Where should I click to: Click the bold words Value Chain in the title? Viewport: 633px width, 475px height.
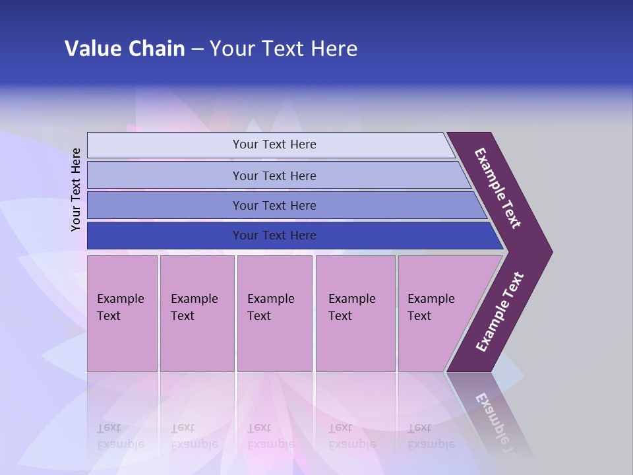125,49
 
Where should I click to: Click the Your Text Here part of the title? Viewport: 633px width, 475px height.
284,49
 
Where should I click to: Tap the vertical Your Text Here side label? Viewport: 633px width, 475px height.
76,189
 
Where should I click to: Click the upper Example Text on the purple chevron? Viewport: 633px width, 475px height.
498,188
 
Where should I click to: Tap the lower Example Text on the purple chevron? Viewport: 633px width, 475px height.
500,311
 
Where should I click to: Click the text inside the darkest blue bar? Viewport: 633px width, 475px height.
274,236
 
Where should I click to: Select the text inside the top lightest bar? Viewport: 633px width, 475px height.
274,144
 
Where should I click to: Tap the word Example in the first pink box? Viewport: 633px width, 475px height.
120,299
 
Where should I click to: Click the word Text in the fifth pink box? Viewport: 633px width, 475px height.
419,316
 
